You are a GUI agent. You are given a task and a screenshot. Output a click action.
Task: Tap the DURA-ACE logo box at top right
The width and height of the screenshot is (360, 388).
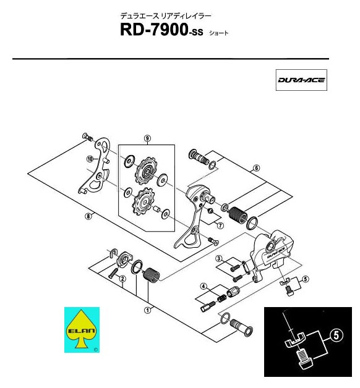pos(301,80)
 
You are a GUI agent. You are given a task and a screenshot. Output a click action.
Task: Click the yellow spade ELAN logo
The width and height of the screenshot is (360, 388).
pos(81,329)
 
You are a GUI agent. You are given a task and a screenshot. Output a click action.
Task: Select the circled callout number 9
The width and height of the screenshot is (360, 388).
pos(147,138)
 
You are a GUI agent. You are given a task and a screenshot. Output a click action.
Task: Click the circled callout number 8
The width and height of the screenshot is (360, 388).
pos(88,216)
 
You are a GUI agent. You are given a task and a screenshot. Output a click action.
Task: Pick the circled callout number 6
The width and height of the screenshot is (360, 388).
pos(257,168)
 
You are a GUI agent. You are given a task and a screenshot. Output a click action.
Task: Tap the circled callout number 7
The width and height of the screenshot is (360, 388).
pos(220,226)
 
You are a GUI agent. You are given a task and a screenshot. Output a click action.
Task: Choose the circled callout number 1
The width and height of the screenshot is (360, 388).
pos(148,310)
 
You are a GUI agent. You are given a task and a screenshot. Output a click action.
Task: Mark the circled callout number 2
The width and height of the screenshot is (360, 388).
pos(122,279)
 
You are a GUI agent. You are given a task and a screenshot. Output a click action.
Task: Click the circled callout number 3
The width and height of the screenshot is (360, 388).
pos(219,259)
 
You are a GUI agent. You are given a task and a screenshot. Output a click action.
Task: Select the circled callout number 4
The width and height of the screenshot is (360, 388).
pos(204,287)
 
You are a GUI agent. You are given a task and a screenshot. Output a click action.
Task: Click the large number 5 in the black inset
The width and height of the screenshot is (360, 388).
pos(336,335)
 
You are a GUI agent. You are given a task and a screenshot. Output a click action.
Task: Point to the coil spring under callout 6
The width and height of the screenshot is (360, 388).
pos(237,214)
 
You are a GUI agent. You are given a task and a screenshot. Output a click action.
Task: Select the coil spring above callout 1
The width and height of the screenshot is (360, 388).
pos(152,274)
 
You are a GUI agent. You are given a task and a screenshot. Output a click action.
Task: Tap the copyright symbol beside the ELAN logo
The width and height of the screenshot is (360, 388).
pos(96,350)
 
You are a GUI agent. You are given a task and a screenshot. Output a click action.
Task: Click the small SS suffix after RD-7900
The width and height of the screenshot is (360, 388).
pos(195,32)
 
